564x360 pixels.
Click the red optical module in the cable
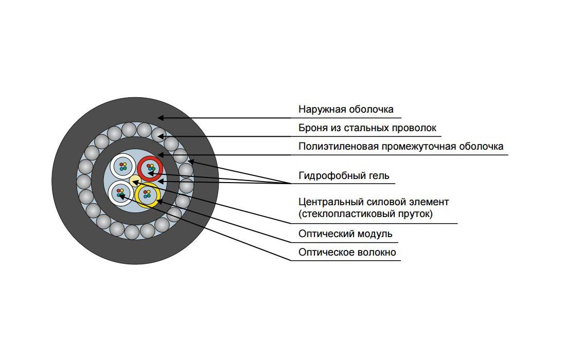tap(150, 168)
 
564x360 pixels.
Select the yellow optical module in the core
tap(147, 194)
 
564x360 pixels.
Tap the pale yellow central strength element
tap(134, 179)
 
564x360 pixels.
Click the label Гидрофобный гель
tap(344, 176)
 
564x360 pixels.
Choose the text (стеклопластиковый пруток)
tap(365, 214)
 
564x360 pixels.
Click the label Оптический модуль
tap(345, 234)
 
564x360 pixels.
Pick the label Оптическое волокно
tap(347, 253)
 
